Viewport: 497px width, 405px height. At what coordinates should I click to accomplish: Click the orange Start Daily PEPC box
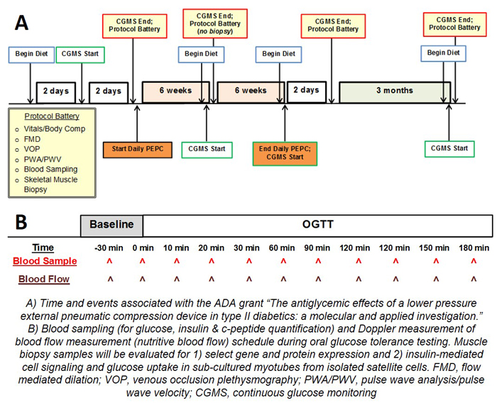[x=138, y=150]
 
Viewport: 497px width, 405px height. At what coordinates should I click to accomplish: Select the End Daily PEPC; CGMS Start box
[x=285, y=154]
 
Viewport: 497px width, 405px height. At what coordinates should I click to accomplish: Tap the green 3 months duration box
[x=395, y=92]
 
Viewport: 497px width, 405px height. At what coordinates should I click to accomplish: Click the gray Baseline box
[x=111, y=226]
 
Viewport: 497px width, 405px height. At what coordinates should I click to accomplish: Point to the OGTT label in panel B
[x=317, y=225]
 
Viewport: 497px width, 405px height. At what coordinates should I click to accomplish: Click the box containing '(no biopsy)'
[x=215, y=23]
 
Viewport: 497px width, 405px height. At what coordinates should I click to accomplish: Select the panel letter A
[x=21, y=23]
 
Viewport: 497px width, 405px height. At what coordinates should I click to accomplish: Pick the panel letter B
[x=21, y=222]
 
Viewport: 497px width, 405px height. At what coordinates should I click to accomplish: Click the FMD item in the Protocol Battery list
[x=32, y=139]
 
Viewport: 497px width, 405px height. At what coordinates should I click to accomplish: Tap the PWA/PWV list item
[x=43, y=160]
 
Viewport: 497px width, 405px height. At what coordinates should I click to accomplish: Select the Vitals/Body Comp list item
[x=55, y=129]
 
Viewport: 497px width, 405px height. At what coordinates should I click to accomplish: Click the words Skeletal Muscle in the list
[x=50, y=179]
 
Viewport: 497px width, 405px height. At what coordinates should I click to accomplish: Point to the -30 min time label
[x=109, y=248]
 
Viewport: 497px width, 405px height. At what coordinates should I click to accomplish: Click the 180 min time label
[x=474, y=248]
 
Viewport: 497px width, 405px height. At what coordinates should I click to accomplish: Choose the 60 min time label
[x=282, y=248]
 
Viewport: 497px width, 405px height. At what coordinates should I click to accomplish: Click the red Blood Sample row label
[x=45, y=261]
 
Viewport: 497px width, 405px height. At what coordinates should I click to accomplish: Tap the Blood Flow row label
[x=44, y=279]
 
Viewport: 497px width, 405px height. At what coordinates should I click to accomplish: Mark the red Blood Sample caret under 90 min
[x=318, y=261]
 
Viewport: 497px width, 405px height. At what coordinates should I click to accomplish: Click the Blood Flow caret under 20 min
[x=212, y=279]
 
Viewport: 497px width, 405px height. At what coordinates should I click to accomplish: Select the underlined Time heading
[x=43, y=248]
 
